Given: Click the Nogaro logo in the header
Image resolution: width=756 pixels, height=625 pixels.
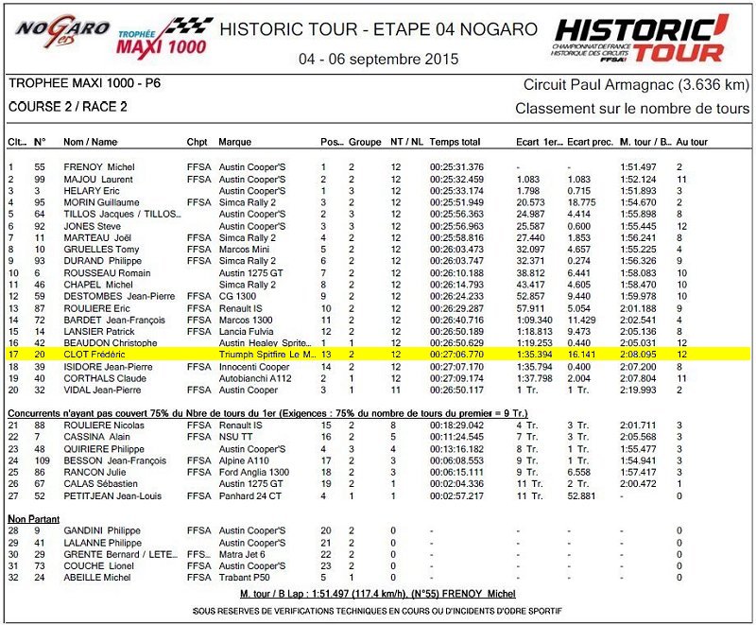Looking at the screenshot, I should pos(62,34).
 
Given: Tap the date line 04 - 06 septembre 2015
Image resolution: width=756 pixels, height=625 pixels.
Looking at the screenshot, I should pos(378,59).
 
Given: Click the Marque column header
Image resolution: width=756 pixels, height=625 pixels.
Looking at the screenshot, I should pos(235,142).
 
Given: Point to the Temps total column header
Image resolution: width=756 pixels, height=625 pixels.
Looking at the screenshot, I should pos(455,142).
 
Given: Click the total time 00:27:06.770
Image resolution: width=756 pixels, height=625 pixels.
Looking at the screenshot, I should pos(457,354).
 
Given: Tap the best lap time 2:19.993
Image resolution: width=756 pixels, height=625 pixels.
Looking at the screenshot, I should pos(639,390).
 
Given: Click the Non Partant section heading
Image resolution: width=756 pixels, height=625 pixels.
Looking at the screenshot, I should pos(34,518).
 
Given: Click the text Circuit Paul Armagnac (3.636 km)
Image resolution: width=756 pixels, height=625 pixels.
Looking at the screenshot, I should pos(637,85).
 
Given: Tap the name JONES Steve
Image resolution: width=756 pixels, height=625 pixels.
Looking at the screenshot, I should pos(92,226).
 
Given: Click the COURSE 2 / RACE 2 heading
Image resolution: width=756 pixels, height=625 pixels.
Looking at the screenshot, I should pos(68,107).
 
